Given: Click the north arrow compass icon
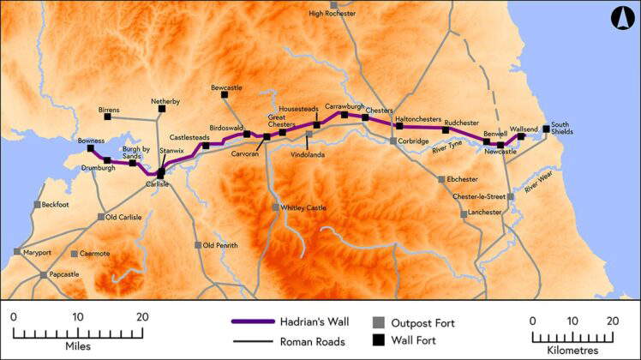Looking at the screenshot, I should click(x=621, y=18).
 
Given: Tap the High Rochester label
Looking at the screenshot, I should click(x=332, y=14).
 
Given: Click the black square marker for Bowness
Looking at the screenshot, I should click(x=90, y=148).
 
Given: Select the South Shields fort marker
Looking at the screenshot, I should click(x=547, y=130).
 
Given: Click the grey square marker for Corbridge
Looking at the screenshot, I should click(x=393, y=141).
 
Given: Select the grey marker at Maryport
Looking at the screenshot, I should click(x=17, y=252).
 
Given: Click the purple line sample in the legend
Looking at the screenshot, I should click(x=256, y=322).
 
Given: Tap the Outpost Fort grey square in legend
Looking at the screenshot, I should click(x=377, y=322).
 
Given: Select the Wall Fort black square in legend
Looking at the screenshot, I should click(x=377, y=340).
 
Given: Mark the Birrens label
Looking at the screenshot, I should click(x=109, y=110).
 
